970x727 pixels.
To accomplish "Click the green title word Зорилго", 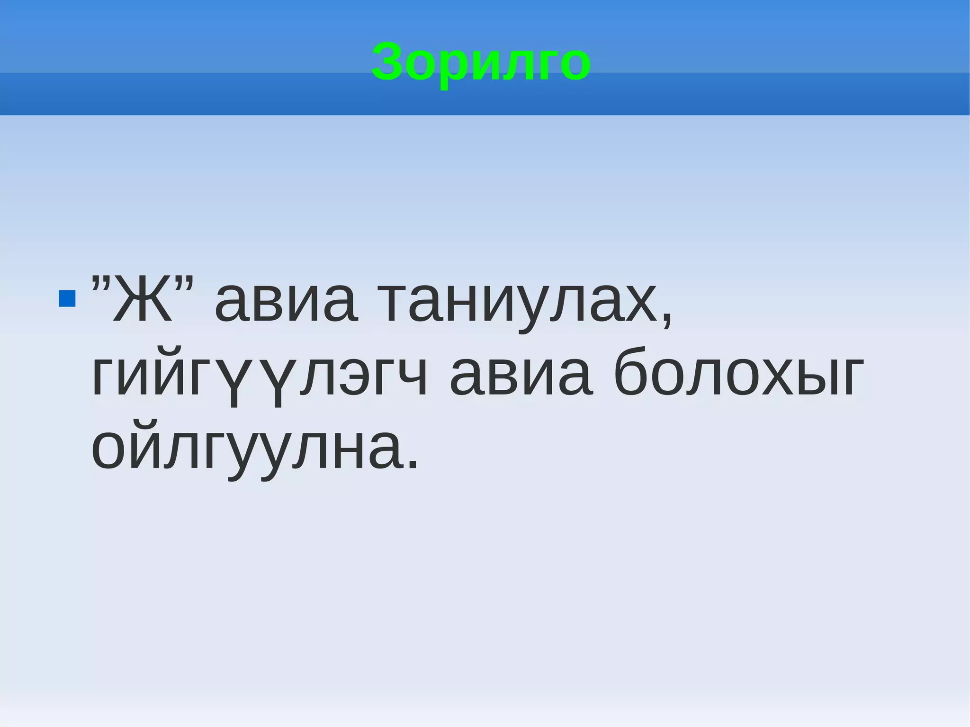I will pyautogui.click(x=481, y=62).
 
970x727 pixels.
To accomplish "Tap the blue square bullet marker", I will pyautogui.click(x=67, y=299).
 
